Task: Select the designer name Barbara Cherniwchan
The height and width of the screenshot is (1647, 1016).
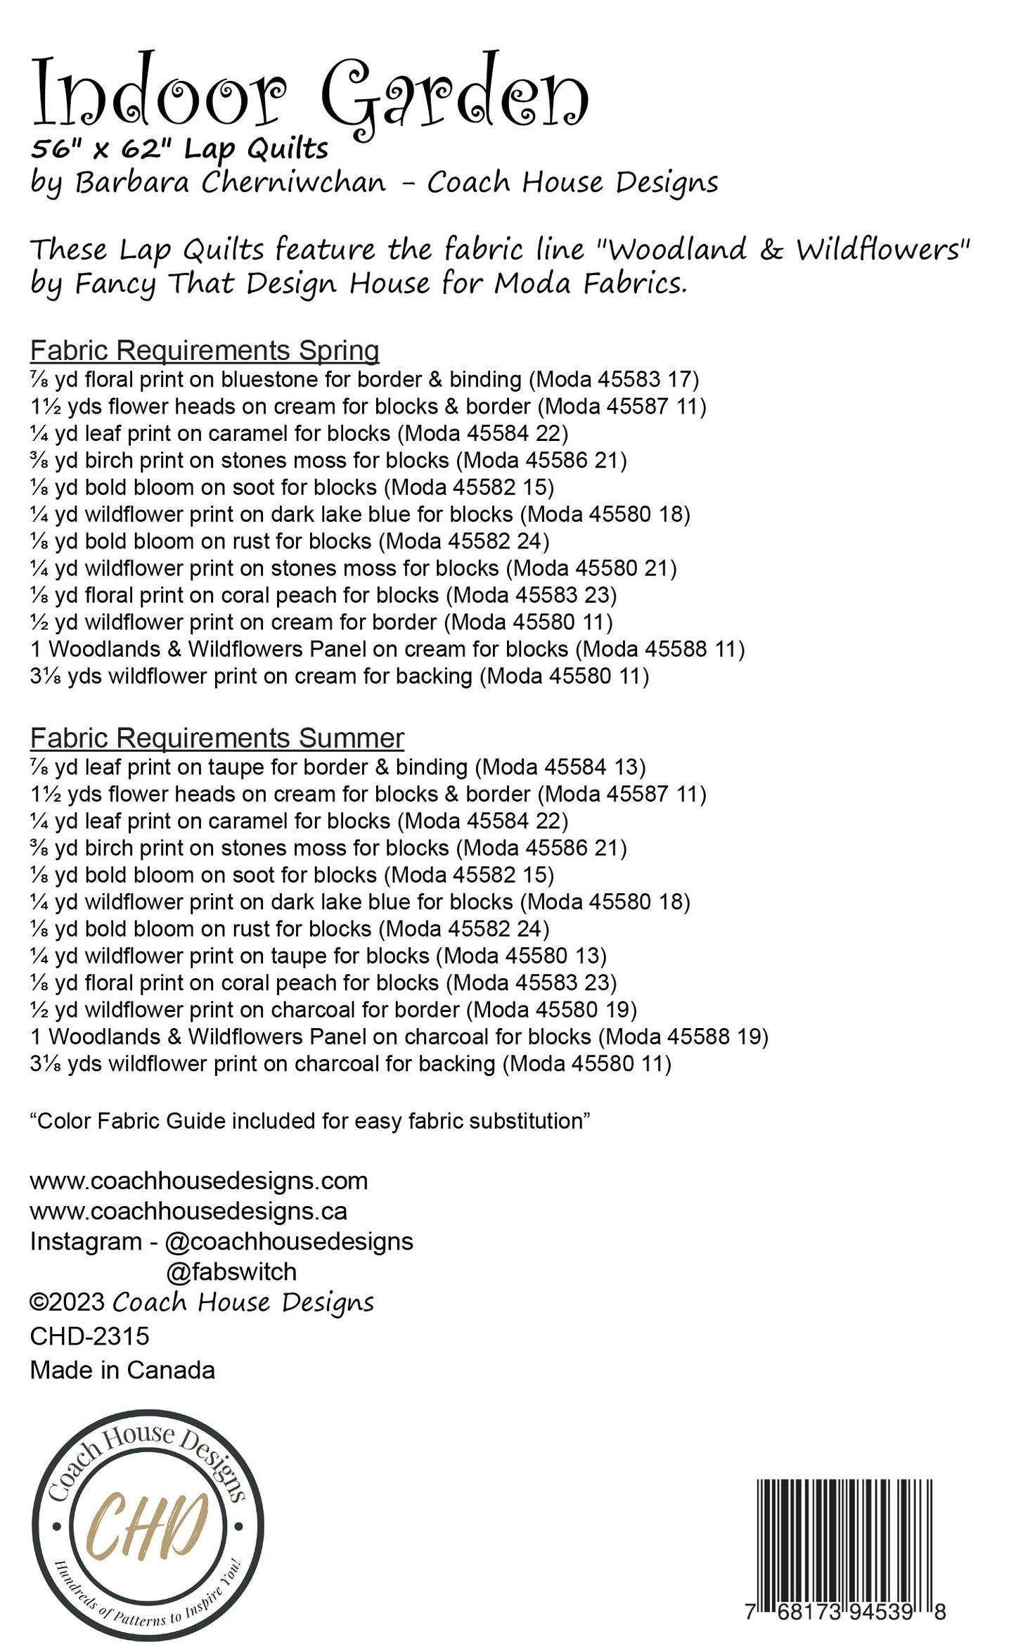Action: [x=231, y=183]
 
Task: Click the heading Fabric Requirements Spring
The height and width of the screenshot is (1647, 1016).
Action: [x=205, y=350]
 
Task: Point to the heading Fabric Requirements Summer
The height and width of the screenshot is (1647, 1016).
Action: [x=217, y=738]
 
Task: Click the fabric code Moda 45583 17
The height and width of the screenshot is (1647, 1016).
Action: [x=614, y=380]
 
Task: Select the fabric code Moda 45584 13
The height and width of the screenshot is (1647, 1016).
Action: [x=560, y=767]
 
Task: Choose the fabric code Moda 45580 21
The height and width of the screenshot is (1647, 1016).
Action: [x=591, y=568]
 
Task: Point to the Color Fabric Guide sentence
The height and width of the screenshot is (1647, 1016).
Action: [x=309, y=1120]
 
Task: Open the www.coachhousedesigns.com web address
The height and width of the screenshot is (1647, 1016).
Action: [x=199, y=1181]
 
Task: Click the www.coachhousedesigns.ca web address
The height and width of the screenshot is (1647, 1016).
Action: [x=188, y=1211]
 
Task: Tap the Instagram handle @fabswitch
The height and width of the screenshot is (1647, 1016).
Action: [x=231, y=1271]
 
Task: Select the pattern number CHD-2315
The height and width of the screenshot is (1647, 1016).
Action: [x=90, y=1336]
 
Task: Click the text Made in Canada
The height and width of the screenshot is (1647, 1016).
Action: [x=122, y=1370]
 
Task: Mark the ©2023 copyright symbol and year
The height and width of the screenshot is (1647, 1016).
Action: [x=67, y=1302]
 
